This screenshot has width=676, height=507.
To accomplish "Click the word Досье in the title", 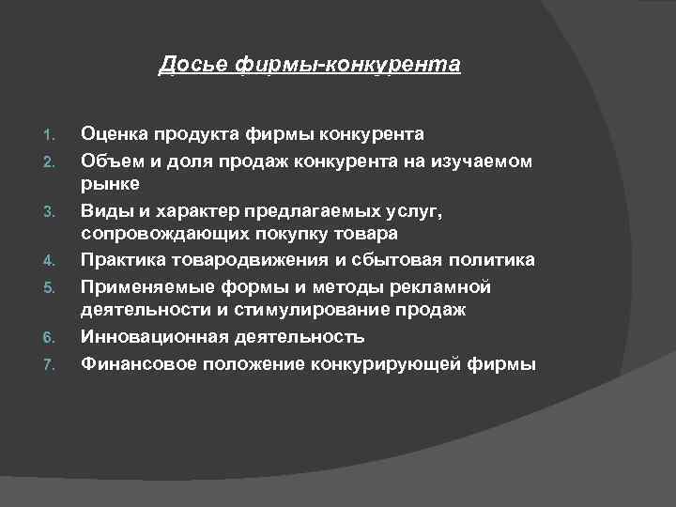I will click(x=183, y=65).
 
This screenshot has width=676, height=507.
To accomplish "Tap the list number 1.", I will click(x=51, y=136).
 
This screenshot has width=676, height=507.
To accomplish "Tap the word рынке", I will click(x=110, y=182).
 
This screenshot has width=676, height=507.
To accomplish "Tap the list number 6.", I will click(x=51, y=337).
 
